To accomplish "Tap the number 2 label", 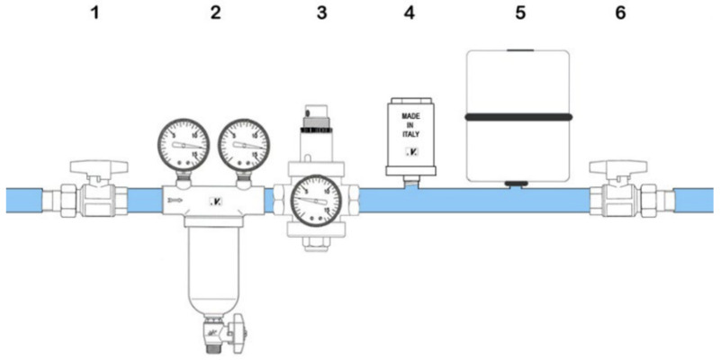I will (214, 15).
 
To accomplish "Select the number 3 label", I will (311, 15).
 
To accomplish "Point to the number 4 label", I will (411, 15).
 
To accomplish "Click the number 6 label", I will (618, 15).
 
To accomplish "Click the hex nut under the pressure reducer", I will (311, 245).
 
